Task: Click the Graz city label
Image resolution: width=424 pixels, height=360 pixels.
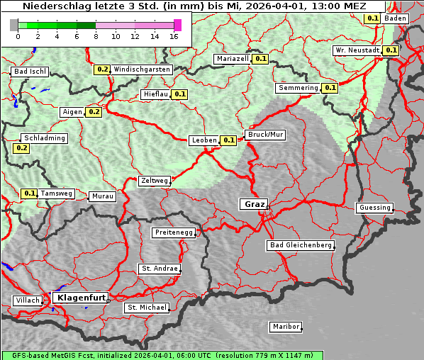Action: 253,204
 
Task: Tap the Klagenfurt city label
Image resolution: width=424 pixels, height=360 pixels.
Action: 80,298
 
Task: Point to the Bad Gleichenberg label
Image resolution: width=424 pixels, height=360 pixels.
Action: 300,245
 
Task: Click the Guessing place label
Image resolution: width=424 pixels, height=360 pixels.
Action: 374,208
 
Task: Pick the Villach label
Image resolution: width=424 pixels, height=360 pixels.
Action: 27,300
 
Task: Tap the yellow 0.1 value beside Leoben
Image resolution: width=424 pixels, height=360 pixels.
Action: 229,140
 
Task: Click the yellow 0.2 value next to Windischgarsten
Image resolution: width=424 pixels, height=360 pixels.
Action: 102,69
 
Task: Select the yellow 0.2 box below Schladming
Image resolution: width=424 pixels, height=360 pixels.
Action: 21,148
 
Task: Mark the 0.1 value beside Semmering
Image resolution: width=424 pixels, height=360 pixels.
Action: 329,88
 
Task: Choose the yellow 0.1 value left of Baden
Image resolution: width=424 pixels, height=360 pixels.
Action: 372,18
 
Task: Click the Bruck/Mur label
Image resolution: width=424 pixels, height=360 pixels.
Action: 265,134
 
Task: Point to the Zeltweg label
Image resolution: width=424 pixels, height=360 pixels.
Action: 155,181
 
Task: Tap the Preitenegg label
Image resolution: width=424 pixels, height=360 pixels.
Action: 173,232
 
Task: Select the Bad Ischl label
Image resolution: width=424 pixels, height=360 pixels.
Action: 30,72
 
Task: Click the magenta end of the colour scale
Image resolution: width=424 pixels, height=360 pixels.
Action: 177,25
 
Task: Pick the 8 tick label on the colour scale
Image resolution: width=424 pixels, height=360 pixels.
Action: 95,35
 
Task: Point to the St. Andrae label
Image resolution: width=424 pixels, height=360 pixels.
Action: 159,269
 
